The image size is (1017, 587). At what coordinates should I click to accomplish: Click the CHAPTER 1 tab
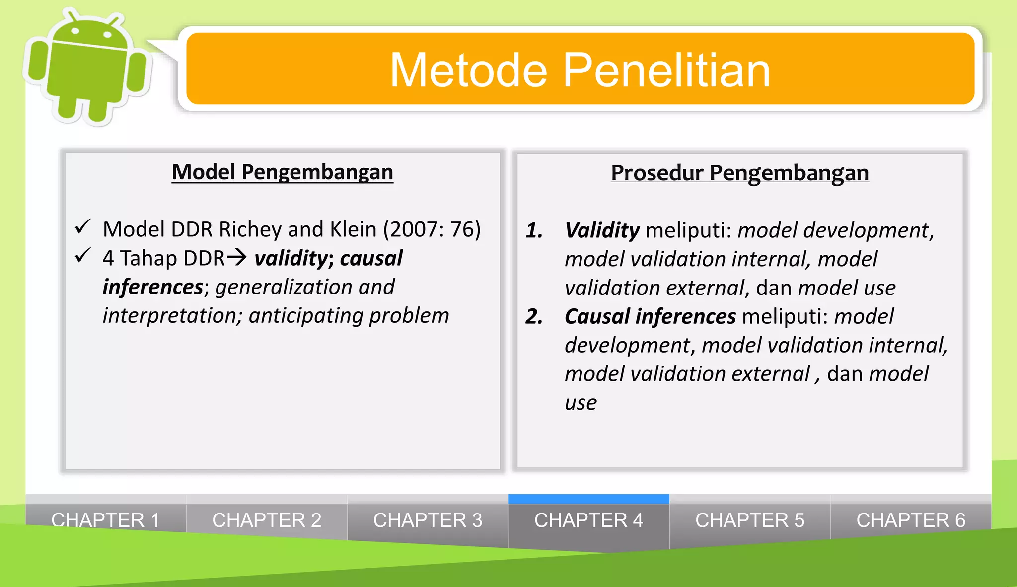coord(105,520)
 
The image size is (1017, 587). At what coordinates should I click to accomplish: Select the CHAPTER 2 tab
coord(267,520)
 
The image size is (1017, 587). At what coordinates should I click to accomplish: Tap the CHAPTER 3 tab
coord(428,520)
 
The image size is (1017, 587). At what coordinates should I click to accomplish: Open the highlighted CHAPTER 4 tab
coord(588,520)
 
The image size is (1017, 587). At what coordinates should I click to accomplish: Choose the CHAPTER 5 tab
coord(749,520)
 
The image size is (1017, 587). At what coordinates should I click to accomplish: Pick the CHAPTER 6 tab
coord(911,520)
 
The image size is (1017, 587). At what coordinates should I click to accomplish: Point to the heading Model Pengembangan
coord(282,172)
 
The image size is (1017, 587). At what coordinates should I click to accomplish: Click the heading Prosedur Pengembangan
coord(739,173)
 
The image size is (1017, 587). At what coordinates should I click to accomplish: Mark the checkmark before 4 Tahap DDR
coord(82,256)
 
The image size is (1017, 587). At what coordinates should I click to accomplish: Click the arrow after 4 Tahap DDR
coord(237,257)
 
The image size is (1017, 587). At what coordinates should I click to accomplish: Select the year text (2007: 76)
coord(432,229)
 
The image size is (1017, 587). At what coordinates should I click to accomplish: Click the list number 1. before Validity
coord(534,230)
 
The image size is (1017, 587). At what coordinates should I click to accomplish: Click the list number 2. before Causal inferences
coord(534,317)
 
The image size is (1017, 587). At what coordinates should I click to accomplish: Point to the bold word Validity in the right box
coord(602,230)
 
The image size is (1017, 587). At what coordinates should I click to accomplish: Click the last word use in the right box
coord(581,403)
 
